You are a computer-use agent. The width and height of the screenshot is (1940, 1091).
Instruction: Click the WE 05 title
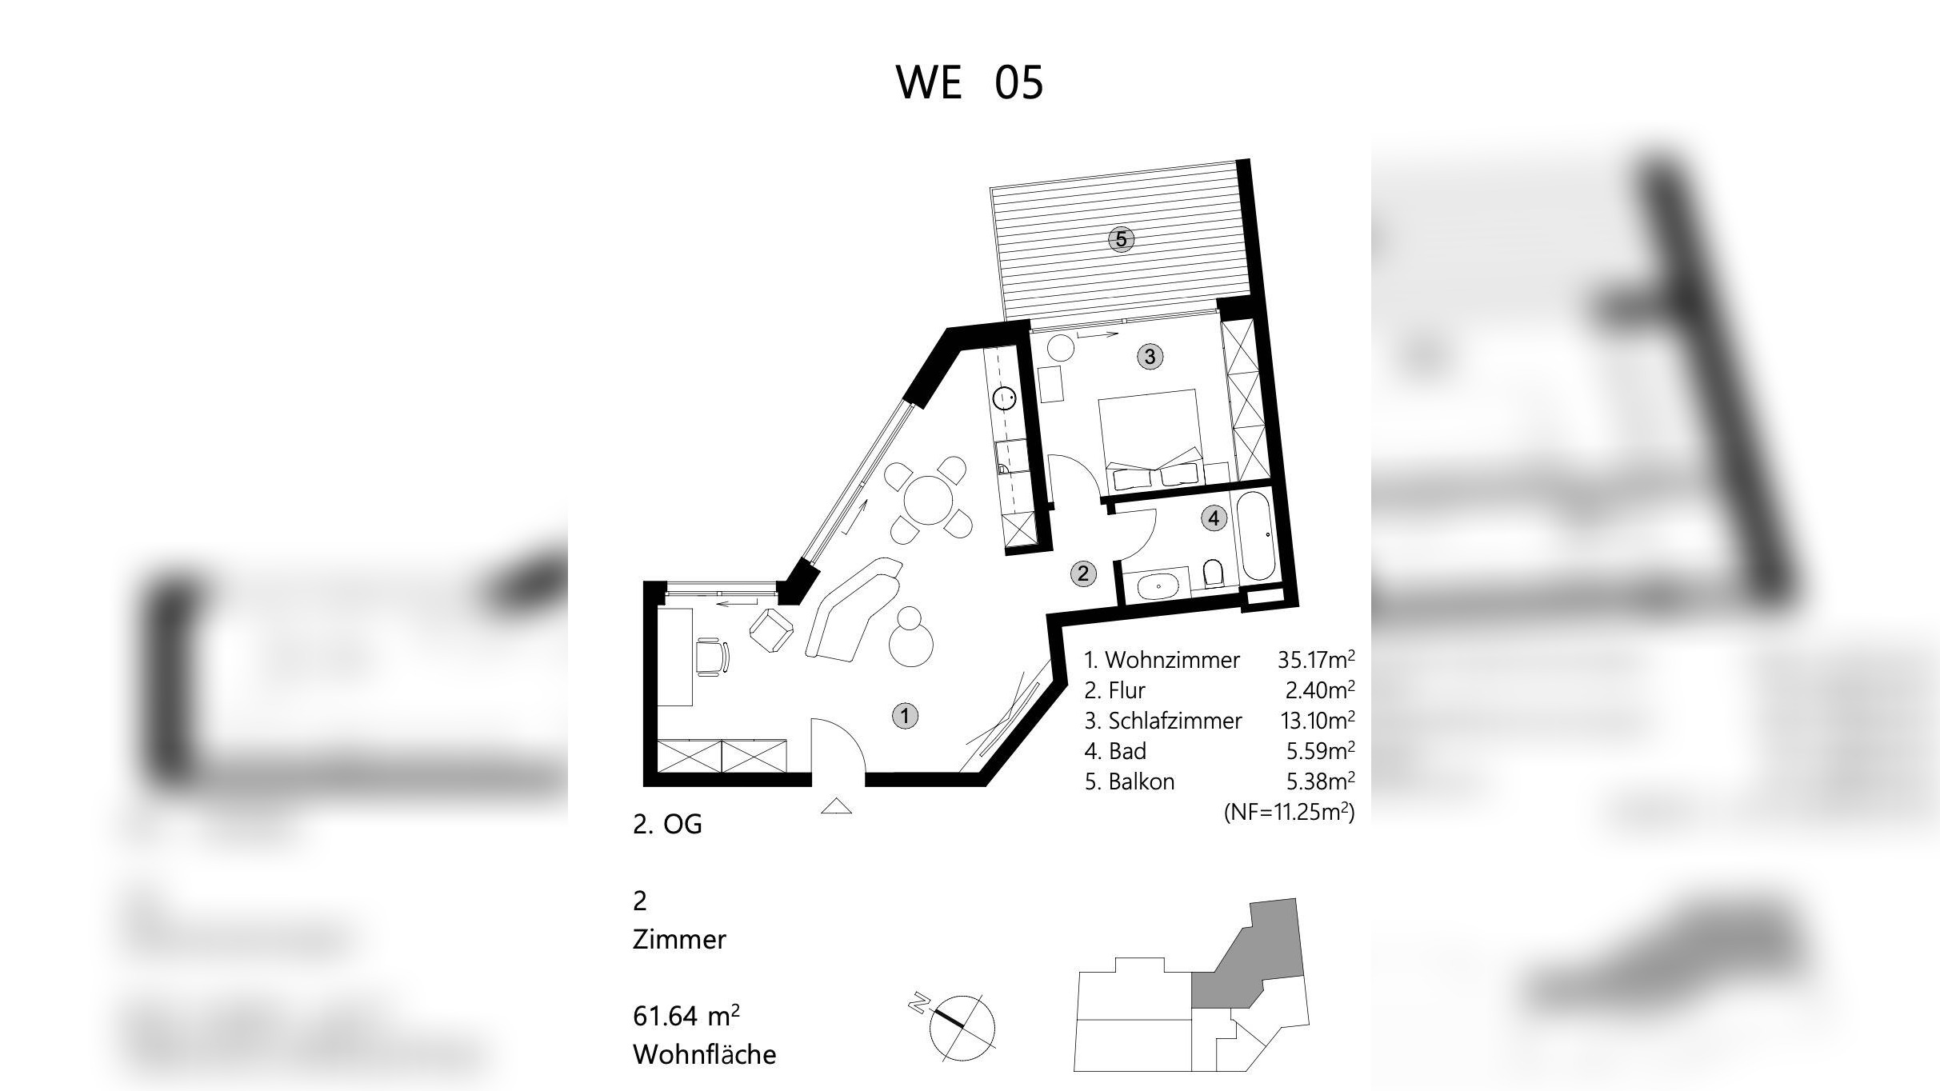970,82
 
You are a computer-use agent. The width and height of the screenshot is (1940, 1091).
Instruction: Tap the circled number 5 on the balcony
1121,239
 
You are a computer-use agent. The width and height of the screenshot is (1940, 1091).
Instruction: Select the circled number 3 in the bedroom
1150,357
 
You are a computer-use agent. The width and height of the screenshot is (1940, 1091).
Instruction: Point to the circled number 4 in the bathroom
1214,518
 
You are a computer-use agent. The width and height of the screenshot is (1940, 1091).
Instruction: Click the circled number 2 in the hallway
1083,573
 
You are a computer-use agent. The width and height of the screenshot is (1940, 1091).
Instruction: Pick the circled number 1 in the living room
905,716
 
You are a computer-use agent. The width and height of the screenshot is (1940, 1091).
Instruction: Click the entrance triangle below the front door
837,806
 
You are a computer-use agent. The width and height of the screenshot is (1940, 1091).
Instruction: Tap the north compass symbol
961,1027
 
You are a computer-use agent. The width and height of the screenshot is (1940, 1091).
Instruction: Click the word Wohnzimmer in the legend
1172,661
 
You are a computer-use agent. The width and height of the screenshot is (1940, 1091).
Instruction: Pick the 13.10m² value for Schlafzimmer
1316,721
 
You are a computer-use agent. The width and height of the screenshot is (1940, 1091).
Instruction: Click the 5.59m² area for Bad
1316,752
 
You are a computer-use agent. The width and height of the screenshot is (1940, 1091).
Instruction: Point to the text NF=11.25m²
1290,813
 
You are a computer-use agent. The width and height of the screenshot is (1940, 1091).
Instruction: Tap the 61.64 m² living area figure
686,1017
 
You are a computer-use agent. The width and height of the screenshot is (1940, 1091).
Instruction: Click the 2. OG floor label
667,825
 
